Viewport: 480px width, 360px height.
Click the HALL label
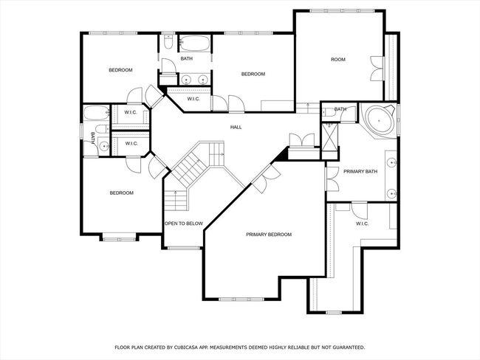point(236,127)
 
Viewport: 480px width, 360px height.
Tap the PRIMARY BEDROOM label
point(269,235)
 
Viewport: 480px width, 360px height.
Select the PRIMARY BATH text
point(360,172)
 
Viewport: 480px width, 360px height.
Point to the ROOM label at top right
point(338,59)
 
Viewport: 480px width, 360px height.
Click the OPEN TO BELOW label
point(184,224)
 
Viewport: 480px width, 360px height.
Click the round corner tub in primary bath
point(379,120)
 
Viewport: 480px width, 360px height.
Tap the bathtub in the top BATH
point(194,44)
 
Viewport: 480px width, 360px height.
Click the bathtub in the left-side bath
point(97,112)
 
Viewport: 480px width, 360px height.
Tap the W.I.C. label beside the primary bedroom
point(362,224)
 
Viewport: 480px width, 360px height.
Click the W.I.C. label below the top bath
point(193,99)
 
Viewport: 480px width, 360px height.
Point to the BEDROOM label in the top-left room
point(120,70)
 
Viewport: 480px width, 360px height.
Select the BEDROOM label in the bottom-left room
point(122,193)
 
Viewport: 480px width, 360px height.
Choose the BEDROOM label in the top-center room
point(253,74)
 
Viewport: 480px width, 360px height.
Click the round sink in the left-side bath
point(104,147)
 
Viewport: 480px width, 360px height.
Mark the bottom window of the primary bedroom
point(241,299)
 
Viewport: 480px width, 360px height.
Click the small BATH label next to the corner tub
point(340,109)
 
